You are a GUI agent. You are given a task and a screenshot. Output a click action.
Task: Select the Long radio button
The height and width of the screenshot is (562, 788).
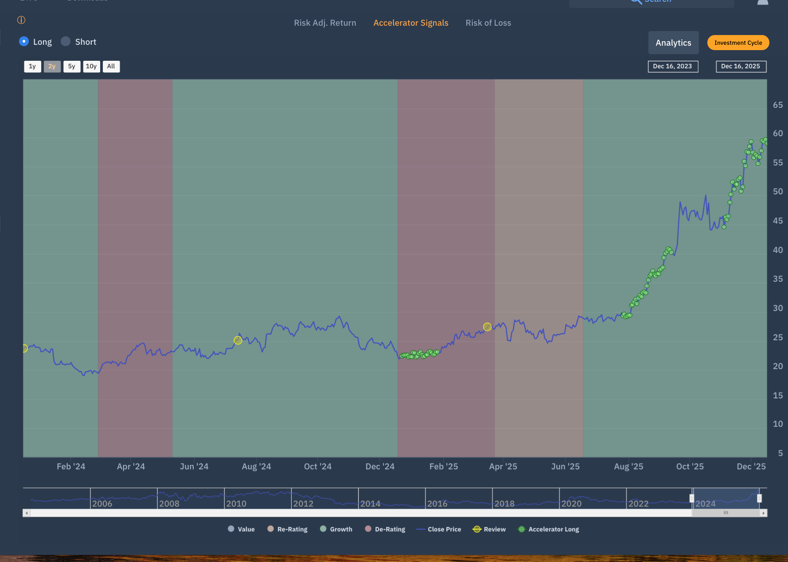(24, 41)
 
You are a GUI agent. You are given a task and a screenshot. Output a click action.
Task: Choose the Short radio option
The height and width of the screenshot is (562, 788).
(66, 41)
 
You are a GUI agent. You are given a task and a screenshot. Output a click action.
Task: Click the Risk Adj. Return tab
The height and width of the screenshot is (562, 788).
(325, 23)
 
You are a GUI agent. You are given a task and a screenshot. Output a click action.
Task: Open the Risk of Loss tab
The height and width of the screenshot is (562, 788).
(488, 23)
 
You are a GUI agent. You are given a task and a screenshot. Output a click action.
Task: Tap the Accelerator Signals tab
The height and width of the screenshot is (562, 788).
(411, 23)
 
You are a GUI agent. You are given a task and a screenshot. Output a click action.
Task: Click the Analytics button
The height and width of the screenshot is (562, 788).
(673, 43)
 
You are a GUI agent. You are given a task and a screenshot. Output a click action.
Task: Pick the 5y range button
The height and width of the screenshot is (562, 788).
(72, 67)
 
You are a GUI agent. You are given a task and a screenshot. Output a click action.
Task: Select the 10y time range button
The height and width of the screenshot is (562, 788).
(91, 67)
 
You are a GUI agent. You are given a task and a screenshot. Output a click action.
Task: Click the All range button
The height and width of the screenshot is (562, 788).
(111, 67)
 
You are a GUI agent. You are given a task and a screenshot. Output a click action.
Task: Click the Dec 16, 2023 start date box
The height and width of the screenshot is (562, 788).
(672, 67)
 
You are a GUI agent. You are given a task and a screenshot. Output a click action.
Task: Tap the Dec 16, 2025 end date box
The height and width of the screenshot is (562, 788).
(741, 67)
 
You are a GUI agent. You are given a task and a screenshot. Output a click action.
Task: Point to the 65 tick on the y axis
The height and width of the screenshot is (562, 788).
(778, 105)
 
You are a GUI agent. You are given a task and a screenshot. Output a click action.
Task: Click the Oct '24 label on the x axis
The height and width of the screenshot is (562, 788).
(317, 467)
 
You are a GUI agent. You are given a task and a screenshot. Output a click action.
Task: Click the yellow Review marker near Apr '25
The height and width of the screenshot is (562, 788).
(487, 327)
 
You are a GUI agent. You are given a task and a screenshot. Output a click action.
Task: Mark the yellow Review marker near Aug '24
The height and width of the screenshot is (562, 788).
(238, 340)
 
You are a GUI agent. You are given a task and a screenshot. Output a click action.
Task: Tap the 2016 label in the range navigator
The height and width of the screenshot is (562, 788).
(437, 504)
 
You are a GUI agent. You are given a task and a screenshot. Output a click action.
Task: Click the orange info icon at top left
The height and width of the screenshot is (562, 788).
(21, 20)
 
